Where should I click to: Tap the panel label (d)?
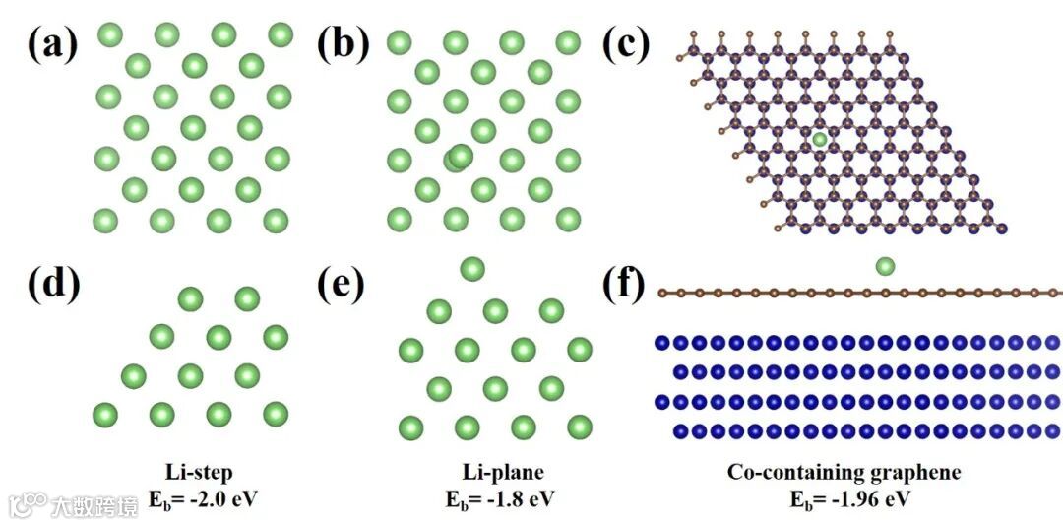(52, 286)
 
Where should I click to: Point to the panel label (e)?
(342, 286)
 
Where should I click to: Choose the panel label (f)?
(623, 286)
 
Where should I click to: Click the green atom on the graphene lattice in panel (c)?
(820, 140)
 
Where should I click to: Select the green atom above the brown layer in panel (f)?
(885, 266)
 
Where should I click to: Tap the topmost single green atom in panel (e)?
(472, 268)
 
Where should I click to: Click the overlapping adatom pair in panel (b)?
(459, 157)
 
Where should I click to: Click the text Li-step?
(201, 473)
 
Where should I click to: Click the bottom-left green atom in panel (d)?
(104, 413)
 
